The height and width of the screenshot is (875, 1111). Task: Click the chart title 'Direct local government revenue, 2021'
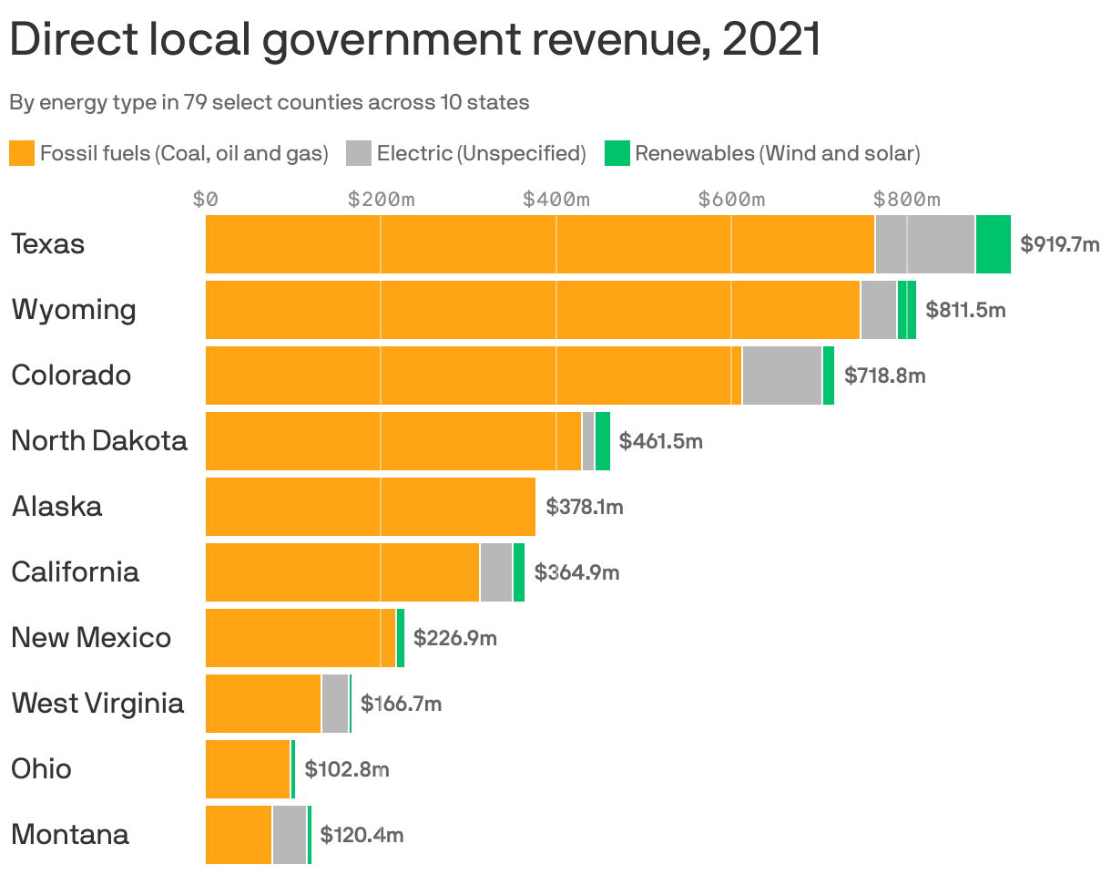pyautogui.click(x=415, y=40)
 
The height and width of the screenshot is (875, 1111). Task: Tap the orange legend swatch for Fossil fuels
pyautogui.click(x=22, y=153)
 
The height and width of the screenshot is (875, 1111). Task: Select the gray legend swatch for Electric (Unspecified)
pyautogui.click(x=359, y=153)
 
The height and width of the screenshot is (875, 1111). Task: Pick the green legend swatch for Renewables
pyautogui.click(x=617, y=153)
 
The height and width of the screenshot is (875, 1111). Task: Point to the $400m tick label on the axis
pyautogui.click(x=556, y=199)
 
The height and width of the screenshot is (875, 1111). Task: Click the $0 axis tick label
pyautogui.click(x=206, y=199)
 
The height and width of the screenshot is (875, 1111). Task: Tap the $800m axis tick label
pyautogui.click(x=906, y=199)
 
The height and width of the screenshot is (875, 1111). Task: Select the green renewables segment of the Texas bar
pyautogui.click(x=993, y=244)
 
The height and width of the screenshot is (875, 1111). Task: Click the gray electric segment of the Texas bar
pyautogui.click(x=924, y=244)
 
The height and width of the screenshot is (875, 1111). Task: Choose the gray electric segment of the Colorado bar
pyautogui.click(x=781, y=376)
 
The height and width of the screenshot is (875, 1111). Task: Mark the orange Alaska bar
pyautogui.click(x=370, y=507)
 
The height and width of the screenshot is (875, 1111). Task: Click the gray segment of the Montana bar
pyautogui.click(x=289, y=835)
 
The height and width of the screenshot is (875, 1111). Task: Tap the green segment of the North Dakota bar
pyautogui.click(x=602, y=441)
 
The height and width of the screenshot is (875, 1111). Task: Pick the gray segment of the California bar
pyautogui.click(x=495, y=572)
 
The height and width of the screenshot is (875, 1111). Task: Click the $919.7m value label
pyautogui.click(x=1059, y=244)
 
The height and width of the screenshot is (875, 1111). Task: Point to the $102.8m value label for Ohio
pyautogui.click(x=346, y=769)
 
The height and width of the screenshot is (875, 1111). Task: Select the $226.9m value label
pyautogui.click(x=454, y=638)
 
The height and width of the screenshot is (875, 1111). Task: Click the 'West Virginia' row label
pyautogui.click(x=97, y=704)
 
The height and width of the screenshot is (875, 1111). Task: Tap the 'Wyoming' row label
pyautogui.click(x=74, y=310)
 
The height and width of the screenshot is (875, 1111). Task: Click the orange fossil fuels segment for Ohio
pyautogui.click(x=248, y=769)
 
